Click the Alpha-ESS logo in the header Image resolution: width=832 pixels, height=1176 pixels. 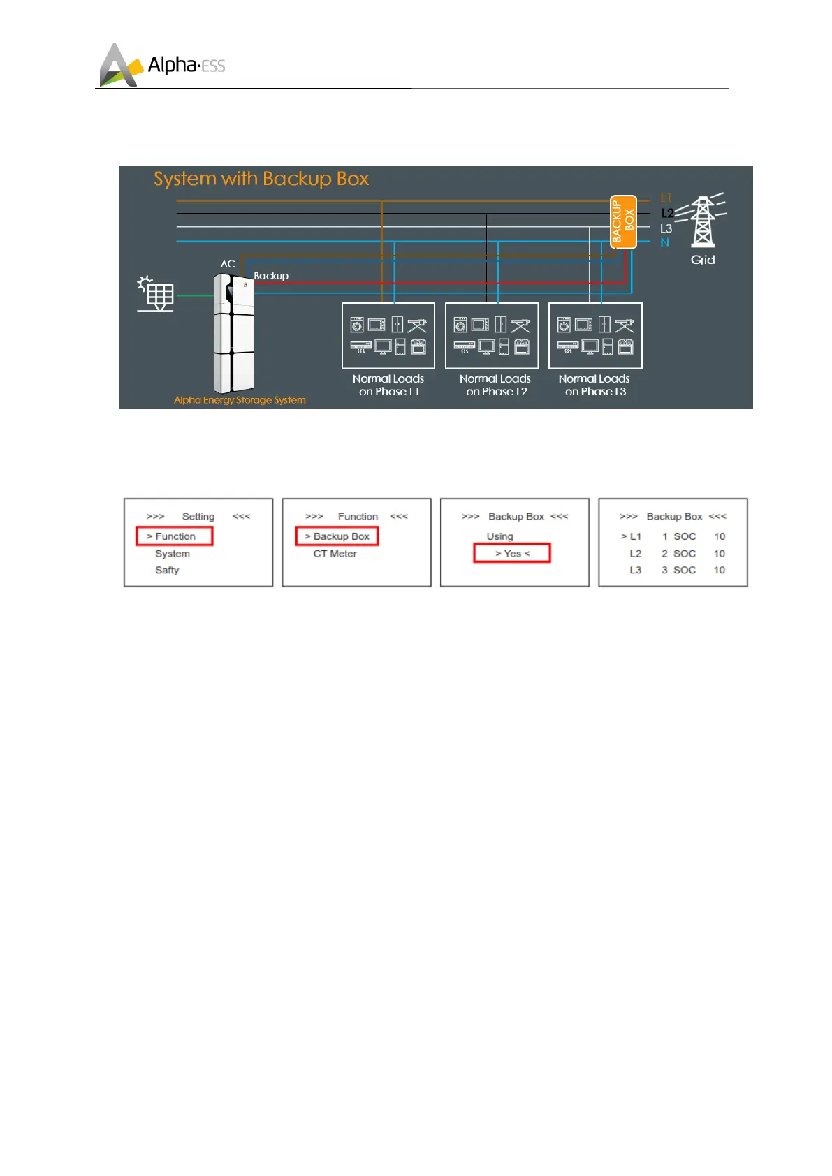click(162, 66)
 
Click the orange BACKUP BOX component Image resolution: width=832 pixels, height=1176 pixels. click(623, 222)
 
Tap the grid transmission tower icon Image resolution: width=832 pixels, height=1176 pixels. click(702, 222)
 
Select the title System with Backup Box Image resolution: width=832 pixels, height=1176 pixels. click(261, 179)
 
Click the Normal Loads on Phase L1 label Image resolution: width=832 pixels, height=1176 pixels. click(388, 385)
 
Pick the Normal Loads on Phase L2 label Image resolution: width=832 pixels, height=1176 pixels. click(495, 385)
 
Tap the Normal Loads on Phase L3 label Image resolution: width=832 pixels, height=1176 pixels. click(594, 385)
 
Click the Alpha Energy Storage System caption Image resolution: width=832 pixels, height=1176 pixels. click(240, 400)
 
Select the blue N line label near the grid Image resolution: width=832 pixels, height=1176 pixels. click(664, 242)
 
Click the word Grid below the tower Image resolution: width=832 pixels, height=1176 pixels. click(703, 260)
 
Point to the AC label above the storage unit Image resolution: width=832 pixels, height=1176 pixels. click(228, 264)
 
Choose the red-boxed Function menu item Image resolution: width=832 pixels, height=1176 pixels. click(174, 536)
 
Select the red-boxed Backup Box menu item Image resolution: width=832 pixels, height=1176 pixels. click(337, 536)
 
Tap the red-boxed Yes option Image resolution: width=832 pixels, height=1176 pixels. click(512, 553)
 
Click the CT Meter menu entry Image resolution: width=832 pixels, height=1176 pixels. click(335, 554)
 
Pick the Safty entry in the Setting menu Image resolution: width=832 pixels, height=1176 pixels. click(167, 571)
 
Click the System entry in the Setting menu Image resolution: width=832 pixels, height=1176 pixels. click(172, 554)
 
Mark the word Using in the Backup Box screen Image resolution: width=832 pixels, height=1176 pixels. click(499, 536)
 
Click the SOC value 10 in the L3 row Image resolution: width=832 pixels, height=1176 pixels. click(720, 571)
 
